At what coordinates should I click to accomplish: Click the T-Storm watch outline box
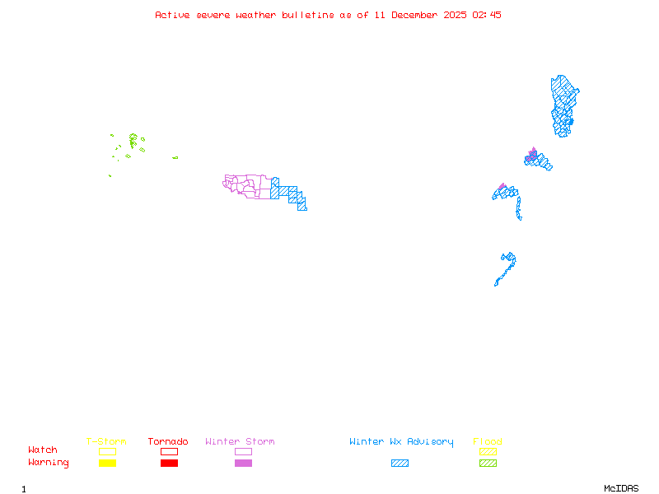pos(107,451)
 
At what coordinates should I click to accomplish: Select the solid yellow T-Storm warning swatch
pos(107,464)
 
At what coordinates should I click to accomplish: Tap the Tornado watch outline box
pos(169,451)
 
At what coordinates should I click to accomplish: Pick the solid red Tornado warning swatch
pos(169,464)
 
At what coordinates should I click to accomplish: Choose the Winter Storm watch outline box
pos(243,451)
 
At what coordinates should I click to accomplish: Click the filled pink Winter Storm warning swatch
pos(243,464)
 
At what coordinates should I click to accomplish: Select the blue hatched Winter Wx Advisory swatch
pos(400,464)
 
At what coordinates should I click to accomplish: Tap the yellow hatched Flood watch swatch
pos(488,451)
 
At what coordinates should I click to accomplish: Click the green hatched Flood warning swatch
pos(488,464)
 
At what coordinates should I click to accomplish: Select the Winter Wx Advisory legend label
pos(401,442)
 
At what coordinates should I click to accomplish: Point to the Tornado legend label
pos(168,442)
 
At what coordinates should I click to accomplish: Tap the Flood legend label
pos(488,442)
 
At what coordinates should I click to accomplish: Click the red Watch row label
pos(43,450)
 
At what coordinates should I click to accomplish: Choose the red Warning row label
pos(49,463)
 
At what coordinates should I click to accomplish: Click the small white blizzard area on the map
pos(522,218)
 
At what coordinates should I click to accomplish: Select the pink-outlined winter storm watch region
pos(247,185)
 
